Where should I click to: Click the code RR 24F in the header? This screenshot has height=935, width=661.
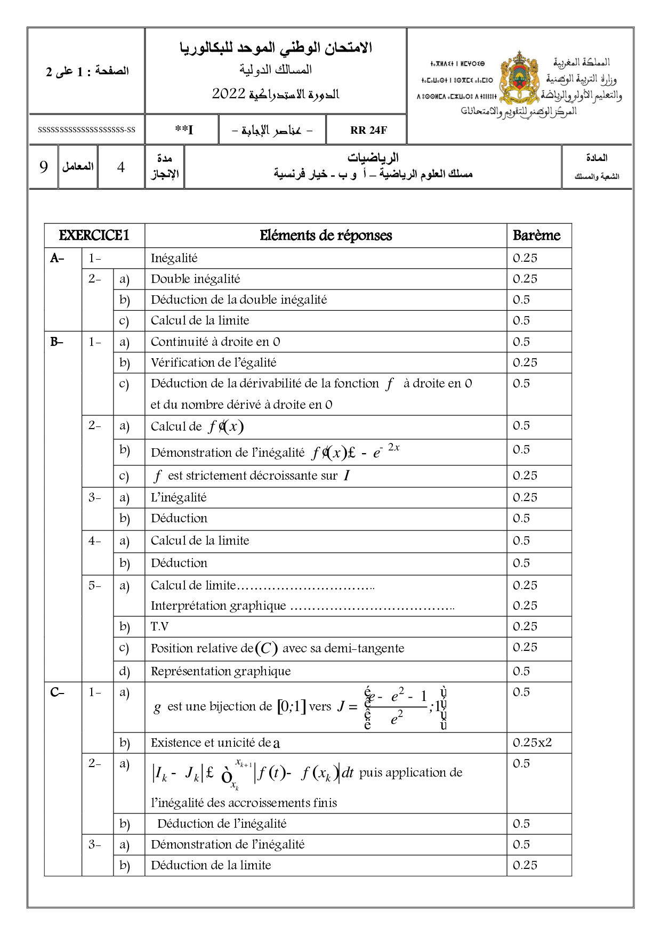pyautogui.click(x=368, y=130)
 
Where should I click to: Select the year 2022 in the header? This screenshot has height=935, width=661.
pyautogui.click(x=228, y=94)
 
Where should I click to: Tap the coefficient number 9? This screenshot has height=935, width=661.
pyautogui.click(x=44, y=167)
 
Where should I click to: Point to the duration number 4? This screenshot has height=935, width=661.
pyautogui.click(x=121, y=167)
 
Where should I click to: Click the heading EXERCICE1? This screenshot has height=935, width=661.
pyautogui.click(x=94, y=236)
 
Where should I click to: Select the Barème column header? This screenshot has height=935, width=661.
pyautogui.click(x=536, y=236)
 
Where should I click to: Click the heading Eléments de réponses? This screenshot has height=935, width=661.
pyautogui.click(x=326, y=236)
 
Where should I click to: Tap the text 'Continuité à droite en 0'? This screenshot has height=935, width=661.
pyautogui.click(x=215, y=342)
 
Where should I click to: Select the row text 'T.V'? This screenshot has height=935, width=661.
pyautogui.click(x=159, y=626)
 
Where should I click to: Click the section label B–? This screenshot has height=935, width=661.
pyautogui.click(x=57, y=342)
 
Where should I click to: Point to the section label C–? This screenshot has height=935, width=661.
pyautogui.click(x=57, y=692)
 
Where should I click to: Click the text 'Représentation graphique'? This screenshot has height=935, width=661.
pyautogui.click(x=221, y=671)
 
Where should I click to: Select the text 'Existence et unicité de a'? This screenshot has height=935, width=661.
pyautogui.click(x=215, y=743)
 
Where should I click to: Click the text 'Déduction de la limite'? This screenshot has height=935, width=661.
pyautogui.click(x=211, y=865)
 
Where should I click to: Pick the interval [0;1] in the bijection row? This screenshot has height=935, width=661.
pyautogui.click(x=291, y=707)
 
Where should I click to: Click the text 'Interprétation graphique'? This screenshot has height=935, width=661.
pyautogui.click(x=219, y=606)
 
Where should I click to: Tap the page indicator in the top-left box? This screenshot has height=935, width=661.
pyautogui.click(x=87, y=71)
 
